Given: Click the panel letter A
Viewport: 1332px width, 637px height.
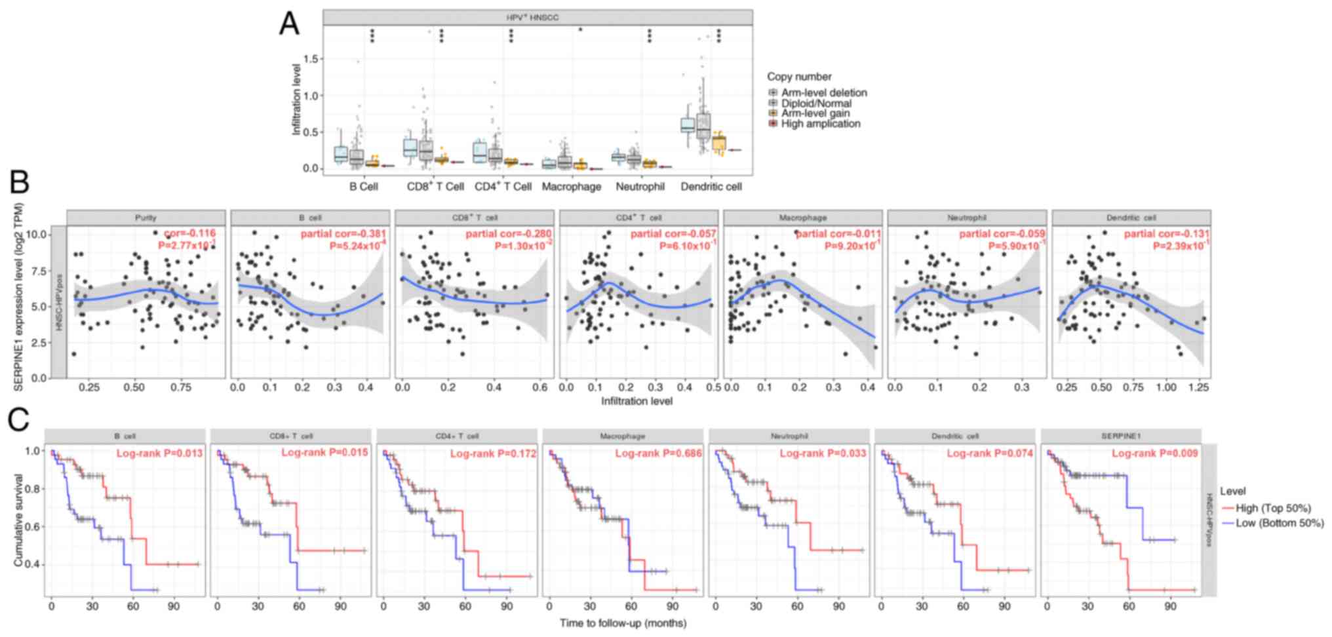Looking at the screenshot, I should [x=289, y=24].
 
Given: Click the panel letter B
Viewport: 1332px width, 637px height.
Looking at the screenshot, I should [x=19, y=181].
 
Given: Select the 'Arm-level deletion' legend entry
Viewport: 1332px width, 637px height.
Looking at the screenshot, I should [x=823, y=93].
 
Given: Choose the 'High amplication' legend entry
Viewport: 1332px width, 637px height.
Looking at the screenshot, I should [x=820, y=124].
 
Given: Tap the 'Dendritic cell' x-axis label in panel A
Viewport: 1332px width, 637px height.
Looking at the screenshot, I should [x=711, y=187].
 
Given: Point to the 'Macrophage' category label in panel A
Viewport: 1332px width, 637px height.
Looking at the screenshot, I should [x=571, y=187].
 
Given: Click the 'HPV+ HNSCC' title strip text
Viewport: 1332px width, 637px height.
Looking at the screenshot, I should [x=532, y=18].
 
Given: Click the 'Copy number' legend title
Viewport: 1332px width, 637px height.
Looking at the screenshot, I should [x=799, y=77].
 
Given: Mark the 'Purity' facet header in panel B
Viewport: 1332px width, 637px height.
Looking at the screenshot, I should [x=146, y=218].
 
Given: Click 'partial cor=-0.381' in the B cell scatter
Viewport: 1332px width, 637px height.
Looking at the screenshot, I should [x=343, y=234].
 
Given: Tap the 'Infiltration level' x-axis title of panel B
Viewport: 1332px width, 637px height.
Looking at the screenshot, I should [x=637, y=400].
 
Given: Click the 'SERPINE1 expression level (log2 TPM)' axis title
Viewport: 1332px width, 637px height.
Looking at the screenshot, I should [x=18, y=297].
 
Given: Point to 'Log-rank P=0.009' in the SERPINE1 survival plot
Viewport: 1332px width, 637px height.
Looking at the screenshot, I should [x=1154, y=454].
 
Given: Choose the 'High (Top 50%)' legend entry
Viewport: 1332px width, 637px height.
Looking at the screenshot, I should [x=1273, y=508].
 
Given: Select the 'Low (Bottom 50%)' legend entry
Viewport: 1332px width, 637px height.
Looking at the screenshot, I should [x=1280, y=523].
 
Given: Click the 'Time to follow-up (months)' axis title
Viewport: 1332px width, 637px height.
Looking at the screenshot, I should [x=623, y=623].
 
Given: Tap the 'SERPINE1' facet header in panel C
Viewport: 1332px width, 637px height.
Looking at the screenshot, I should [x=1120, y=436].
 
